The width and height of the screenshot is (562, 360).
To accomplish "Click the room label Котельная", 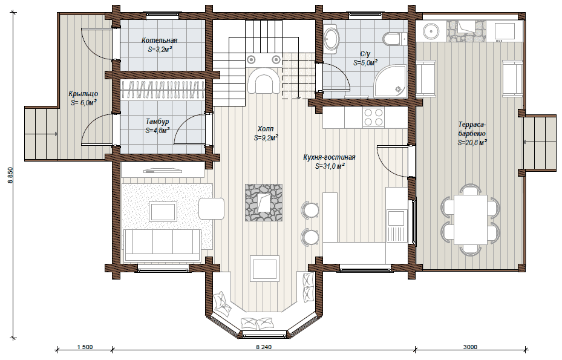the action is [159, 41].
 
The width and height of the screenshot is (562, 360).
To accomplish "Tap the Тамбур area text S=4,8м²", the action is [158, 131].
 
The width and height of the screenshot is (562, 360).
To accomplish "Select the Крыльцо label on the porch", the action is [83, 94].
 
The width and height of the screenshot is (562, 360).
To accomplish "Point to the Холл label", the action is [266, 129].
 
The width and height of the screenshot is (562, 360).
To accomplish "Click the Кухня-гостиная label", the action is [329, 157].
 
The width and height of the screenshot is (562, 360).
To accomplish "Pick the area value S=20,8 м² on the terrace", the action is [472, 143].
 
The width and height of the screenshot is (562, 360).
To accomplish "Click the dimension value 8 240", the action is [264, 347].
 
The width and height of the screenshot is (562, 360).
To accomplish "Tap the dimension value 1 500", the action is [85, 347].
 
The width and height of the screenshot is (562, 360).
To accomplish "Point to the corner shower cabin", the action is [390, 81].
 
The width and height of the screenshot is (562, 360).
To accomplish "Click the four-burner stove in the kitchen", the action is [373, 117].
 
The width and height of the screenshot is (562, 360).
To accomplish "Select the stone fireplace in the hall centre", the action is [264, 203].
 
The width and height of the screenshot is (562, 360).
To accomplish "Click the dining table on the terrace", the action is [471, 220].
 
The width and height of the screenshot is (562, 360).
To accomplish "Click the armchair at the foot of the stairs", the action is [264, 80].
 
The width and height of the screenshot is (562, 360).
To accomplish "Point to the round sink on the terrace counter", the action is [430, 31].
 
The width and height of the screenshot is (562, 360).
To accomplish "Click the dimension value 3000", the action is [470, 347].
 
